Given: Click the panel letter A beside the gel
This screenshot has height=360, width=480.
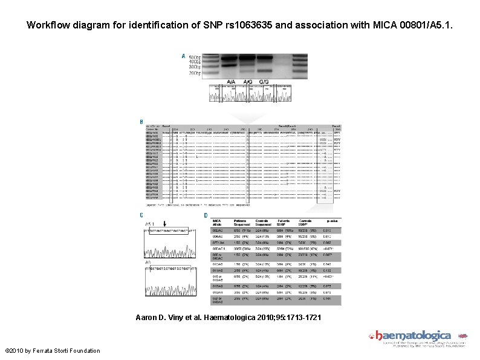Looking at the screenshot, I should pyautogui.click(x=184, y=56).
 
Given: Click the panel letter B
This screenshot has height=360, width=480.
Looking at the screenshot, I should pyautogui.click(x=141, y=121).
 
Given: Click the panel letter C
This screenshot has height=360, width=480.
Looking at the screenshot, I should pyautogui.click(x=141, y=215).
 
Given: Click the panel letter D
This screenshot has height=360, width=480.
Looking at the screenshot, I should pyautogui.click(x=206, y=215).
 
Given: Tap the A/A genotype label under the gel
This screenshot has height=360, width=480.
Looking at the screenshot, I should pyautogui.click(x=232, y=82).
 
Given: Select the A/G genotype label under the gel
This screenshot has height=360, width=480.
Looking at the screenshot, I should pyautogui.click(x=248, y=82).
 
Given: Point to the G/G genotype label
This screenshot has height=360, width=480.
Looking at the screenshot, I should pyautogui.click(x=264, y=82).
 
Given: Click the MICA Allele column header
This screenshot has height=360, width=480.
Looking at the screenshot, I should pyautogui.click(x=217, y=222).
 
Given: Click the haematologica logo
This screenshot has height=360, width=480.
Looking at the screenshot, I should pyautogui.click(x=414, y=336).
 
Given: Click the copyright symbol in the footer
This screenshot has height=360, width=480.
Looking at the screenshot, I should pyautogui.click(x=7, y=351).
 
